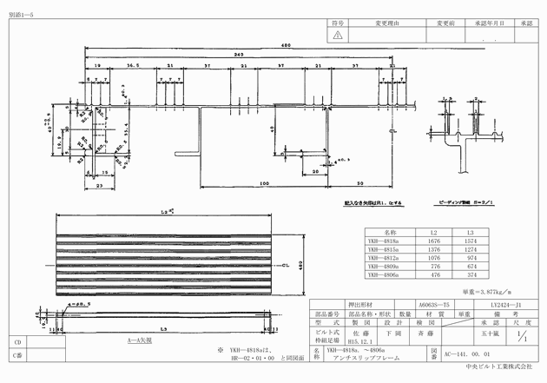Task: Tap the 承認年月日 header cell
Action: [490, 24]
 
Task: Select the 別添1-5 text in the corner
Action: [20, 6]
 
